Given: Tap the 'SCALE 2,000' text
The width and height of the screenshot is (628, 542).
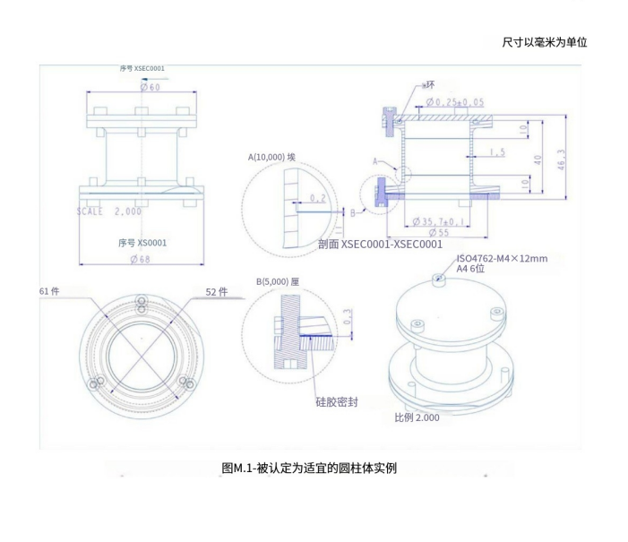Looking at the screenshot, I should click(x=105, y=211).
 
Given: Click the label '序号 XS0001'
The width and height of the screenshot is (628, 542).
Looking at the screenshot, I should click(x=142, y=242).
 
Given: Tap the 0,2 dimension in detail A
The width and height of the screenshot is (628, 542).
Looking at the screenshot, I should click(x=317, y=198).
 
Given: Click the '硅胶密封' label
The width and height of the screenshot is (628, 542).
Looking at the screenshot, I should click(x=338, y=402).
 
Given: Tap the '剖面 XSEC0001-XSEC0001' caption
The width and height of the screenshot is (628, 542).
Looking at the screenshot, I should click(x=381, y=244).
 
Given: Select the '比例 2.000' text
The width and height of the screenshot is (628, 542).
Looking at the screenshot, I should click(x=417, y=417).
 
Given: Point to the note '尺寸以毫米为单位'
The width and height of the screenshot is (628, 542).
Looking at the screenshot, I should click(x=545, y=42).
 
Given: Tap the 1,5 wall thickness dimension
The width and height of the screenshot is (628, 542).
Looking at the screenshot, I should click(x=496, y=152).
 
